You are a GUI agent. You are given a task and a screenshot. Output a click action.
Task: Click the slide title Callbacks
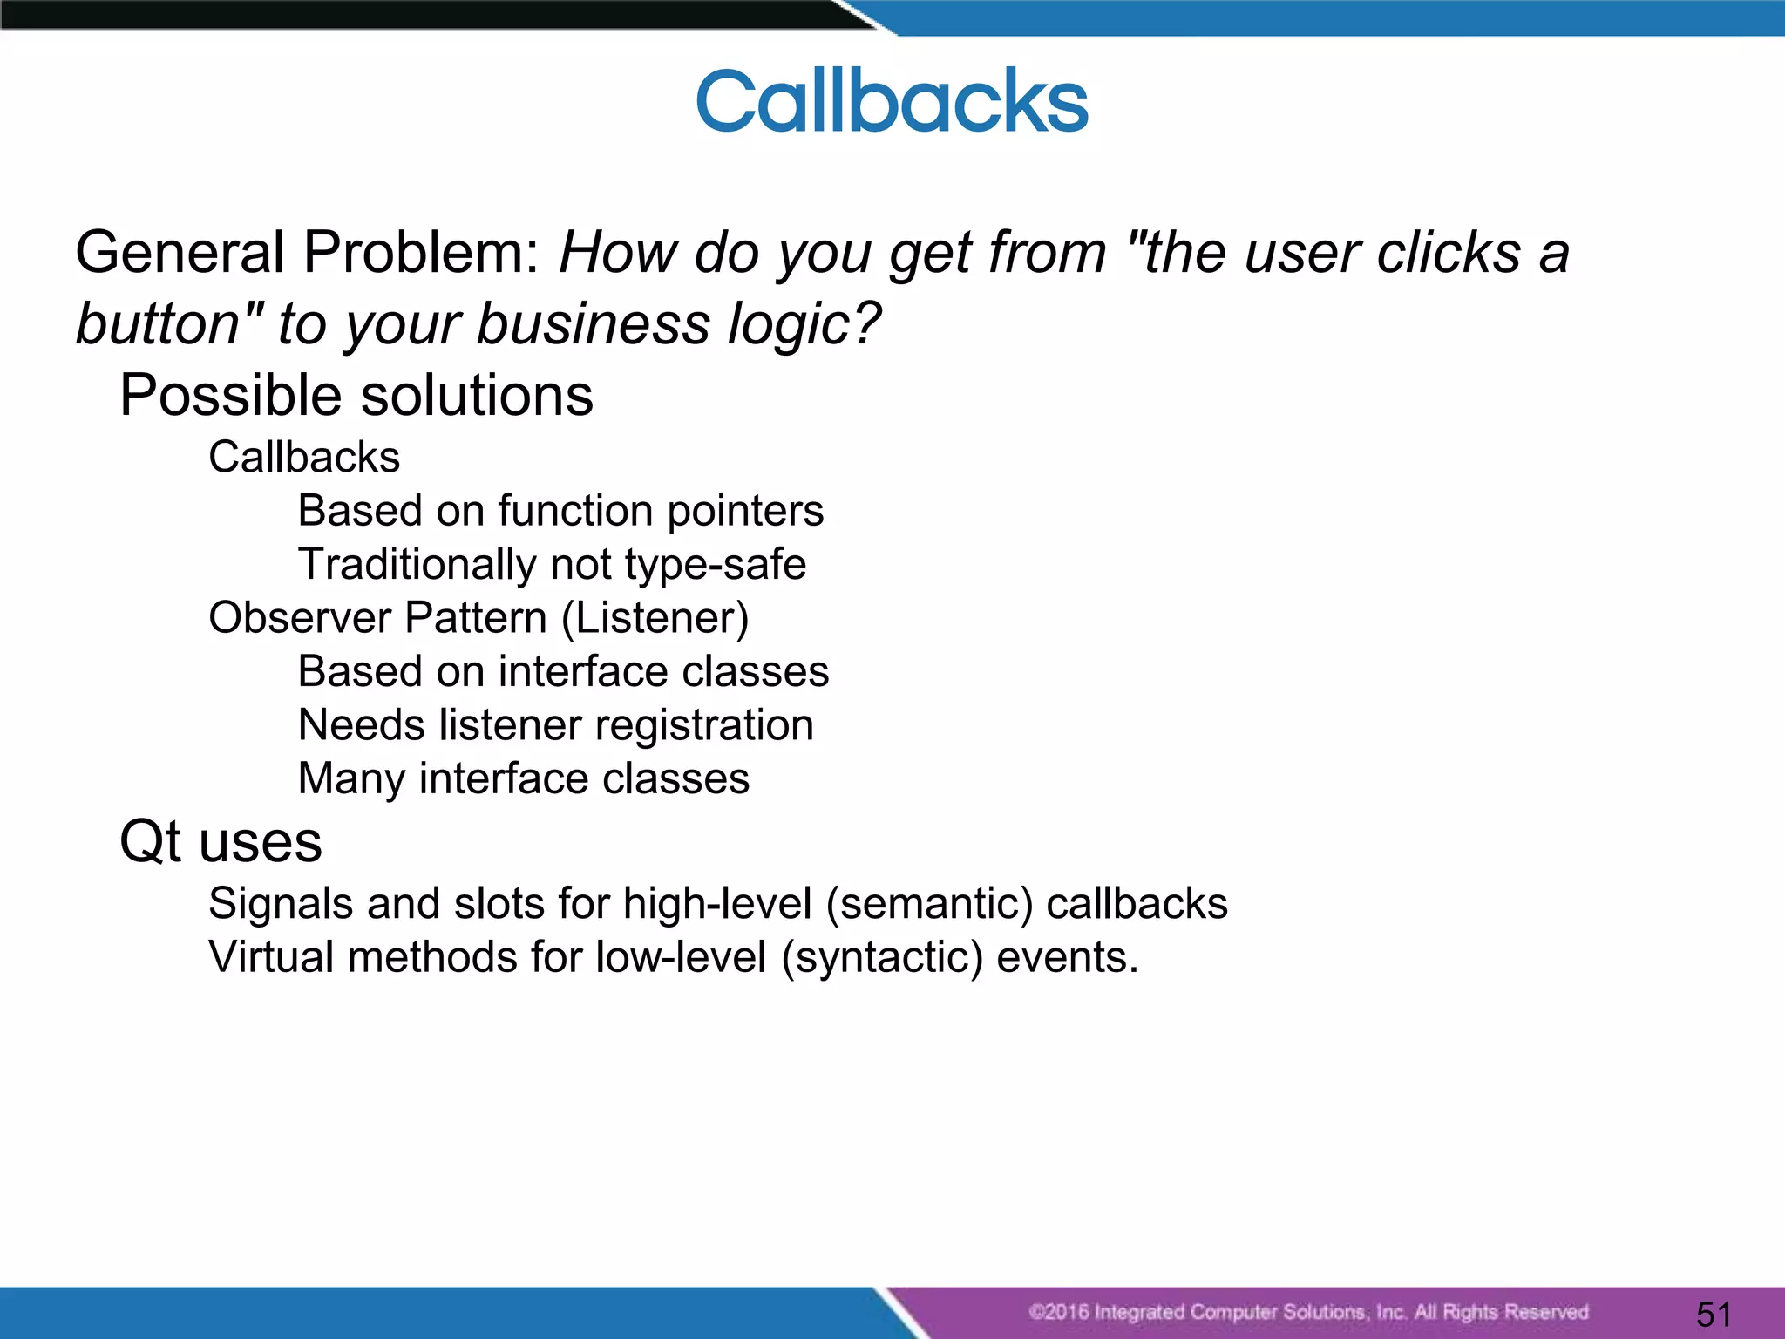click(892, 102)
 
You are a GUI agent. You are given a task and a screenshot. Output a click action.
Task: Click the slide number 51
click(1714, 1314)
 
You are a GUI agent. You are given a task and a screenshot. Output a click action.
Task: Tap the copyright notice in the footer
click(1307, 1312)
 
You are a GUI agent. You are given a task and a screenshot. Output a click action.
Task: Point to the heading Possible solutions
click(356, 396)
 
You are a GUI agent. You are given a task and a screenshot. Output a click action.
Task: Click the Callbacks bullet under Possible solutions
click(304, 458)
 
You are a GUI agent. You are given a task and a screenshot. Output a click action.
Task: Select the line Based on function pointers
click(560, 511)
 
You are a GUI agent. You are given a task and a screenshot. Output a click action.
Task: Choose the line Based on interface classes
click(563, 672)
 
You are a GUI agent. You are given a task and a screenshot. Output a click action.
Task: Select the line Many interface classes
click(523, 778)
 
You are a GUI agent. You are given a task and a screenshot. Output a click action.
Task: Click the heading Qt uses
click(221, 842)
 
